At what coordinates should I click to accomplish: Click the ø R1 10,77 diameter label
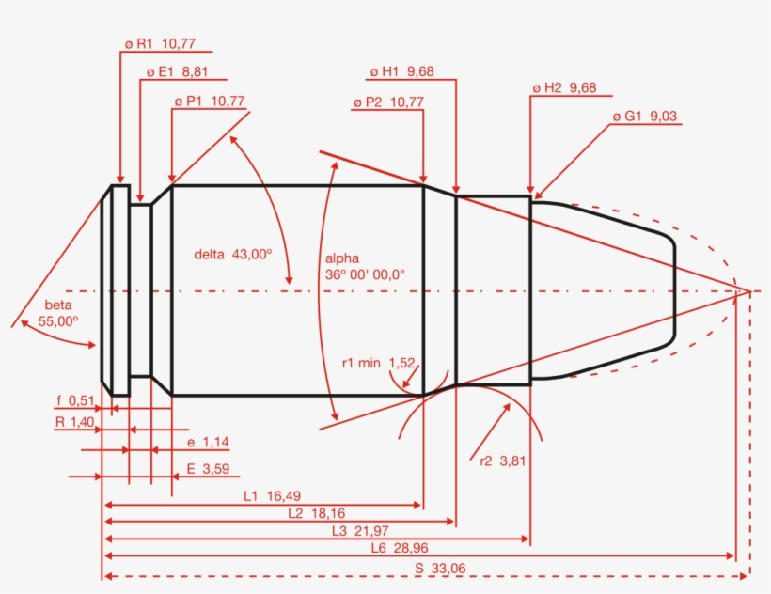point(159,43)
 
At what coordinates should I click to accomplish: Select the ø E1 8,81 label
point(178,71)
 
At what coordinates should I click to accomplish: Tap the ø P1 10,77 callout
point(209,101)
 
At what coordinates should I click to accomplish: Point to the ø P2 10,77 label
point(388,101)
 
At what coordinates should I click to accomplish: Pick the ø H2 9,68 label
point(564,87)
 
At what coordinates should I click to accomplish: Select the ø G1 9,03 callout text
point(645,117)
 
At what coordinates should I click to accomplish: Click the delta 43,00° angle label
point(233,254)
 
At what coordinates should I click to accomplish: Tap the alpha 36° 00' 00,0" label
point(364,266)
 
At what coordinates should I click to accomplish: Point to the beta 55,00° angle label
point(58,313)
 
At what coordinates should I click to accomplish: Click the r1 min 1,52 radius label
point(378,362)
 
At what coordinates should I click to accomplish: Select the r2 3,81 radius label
point(499,461)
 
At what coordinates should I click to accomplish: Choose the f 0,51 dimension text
point(75,400)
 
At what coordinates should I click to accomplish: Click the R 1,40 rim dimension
point(74,423)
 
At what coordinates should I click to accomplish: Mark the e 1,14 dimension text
point(202,442)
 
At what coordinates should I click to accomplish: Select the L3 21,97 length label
point(356,531)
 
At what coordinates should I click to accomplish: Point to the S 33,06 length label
point(440,568)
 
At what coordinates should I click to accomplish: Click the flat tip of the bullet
point(674,290)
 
